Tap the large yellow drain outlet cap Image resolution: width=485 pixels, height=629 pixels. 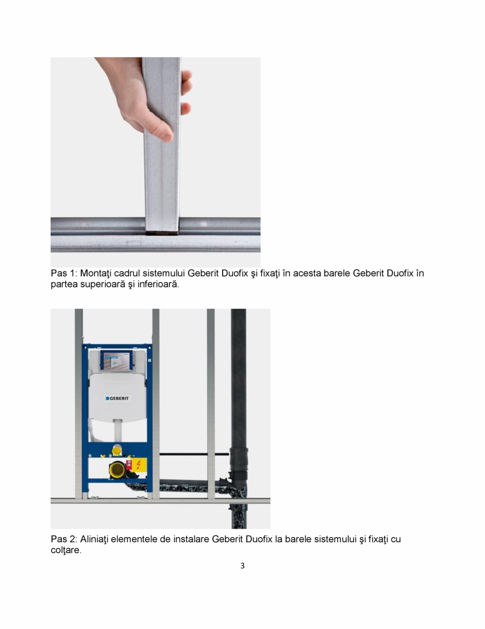116,468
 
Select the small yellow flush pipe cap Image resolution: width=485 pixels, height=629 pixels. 117,450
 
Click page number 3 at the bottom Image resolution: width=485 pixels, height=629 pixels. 242,566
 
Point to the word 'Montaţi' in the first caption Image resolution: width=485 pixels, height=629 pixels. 97,273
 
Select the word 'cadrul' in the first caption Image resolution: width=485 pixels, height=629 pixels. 130,273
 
